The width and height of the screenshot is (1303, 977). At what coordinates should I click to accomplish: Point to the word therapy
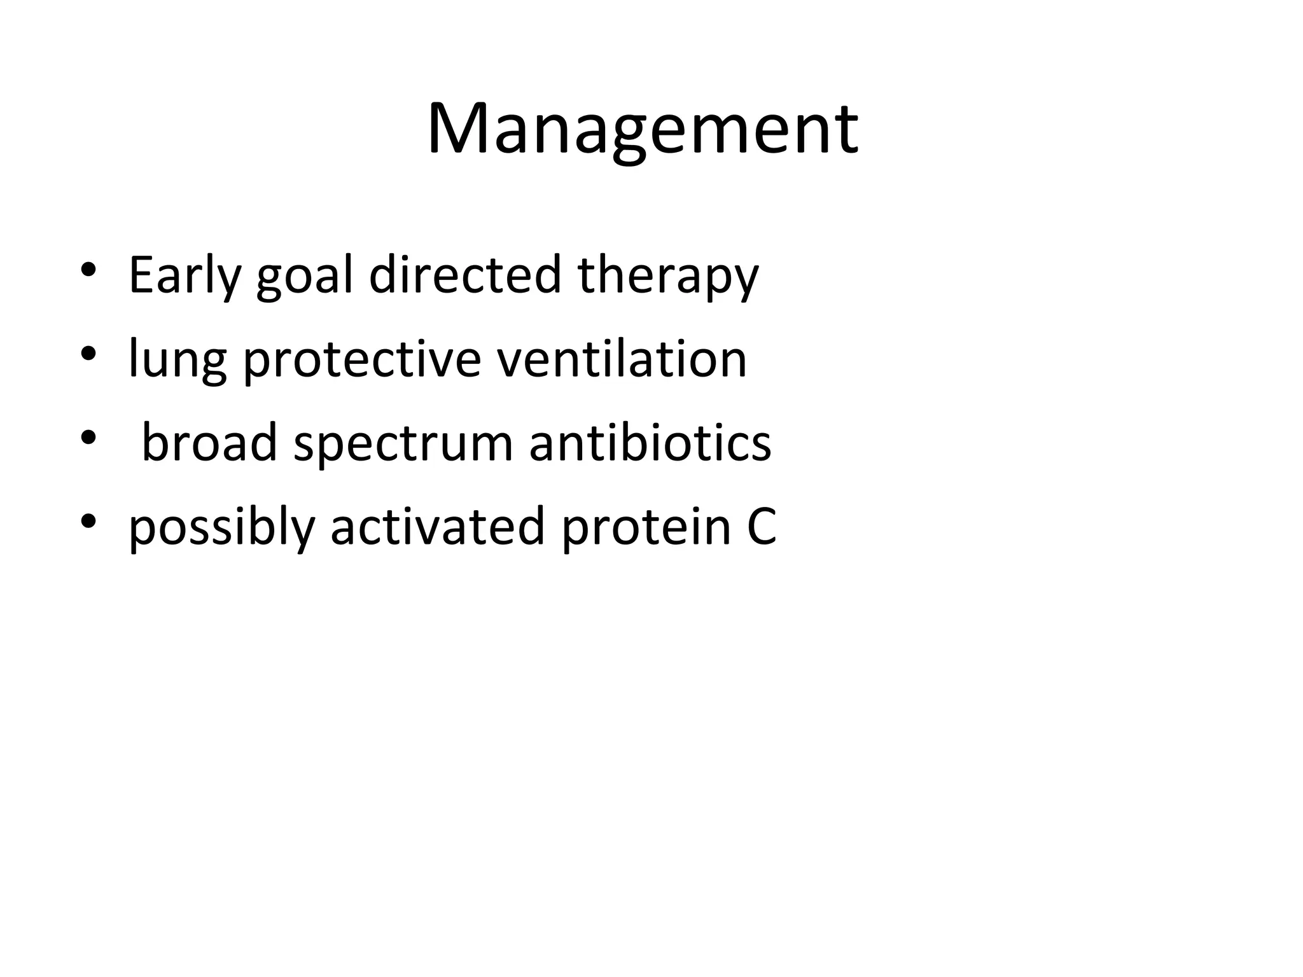tap(667, 275)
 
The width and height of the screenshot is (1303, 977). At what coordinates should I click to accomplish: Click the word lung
tap(178, 360)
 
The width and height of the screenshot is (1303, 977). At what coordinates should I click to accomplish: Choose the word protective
tap(362, 360)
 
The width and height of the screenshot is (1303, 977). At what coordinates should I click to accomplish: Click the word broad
tap(209, 443)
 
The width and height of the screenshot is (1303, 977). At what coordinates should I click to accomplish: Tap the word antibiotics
tap(650, 443)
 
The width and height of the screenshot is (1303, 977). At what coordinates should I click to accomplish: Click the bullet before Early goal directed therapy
tap(88, 269)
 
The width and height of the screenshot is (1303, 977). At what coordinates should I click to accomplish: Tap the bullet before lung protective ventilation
tap(88, 353)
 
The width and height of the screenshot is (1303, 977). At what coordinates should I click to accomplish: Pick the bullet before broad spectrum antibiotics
tap(88, 437)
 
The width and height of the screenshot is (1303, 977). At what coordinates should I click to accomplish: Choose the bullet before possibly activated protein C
tap(88, 521)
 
